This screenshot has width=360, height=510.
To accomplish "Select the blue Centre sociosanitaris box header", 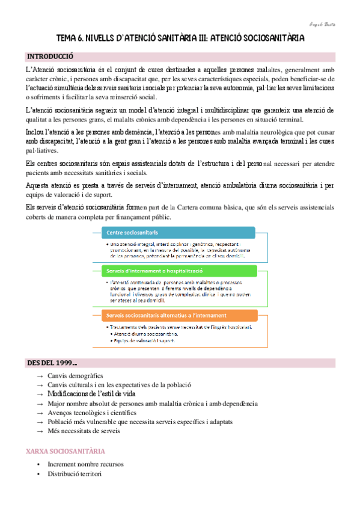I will pos(132,233).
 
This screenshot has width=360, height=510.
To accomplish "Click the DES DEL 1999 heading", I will pos(51,363).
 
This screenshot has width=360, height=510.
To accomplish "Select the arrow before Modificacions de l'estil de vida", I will pos(40,394).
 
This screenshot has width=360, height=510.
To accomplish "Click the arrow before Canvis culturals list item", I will pos(40,385).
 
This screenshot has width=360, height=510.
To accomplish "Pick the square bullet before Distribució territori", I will pos(38,474).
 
